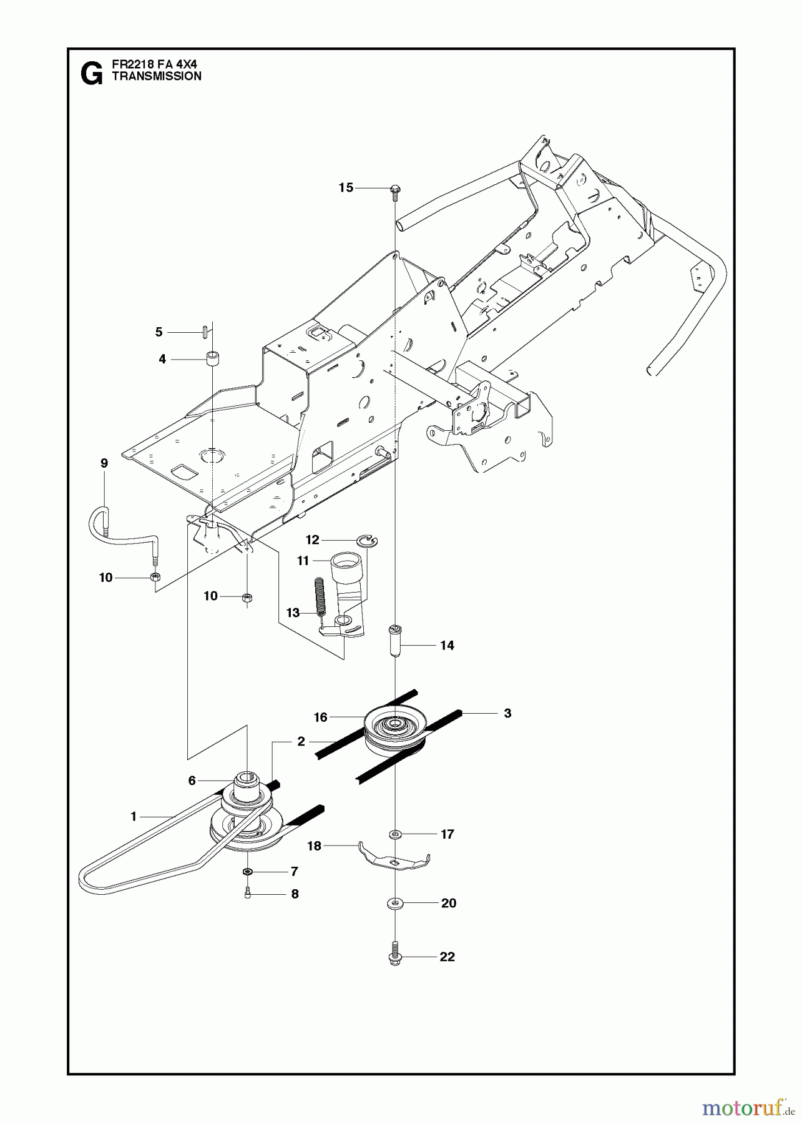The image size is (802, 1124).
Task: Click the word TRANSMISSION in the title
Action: [156, 76]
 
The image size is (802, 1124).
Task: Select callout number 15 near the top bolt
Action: [346, 187]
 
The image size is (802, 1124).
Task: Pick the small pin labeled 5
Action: [205, 332]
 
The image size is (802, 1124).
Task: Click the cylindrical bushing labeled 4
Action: [213, 360]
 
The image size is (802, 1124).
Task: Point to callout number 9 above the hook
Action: [104, 463]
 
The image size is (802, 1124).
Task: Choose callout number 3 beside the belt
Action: [507, 712]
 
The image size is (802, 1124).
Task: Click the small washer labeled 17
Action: [394, 834]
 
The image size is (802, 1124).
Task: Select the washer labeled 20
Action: [394, 903]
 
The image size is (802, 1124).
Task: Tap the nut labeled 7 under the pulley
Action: [247, 871]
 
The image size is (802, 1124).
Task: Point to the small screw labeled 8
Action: [248, 894]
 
